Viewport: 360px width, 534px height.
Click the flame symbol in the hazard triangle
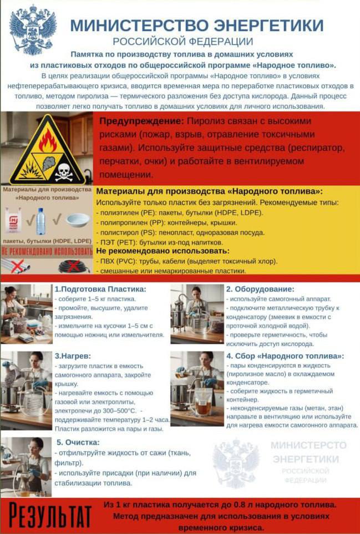tap(48, 141)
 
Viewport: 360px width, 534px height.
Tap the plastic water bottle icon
tap(40, 221)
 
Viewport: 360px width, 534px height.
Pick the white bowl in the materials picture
tap(77, 220)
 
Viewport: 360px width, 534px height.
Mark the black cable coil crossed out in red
tap(73, 266)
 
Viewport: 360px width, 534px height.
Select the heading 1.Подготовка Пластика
tap(100, 289)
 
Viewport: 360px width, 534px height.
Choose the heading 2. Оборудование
tap(260, 289)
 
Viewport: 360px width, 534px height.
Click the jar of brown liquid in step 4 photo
tap(202, 399)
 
